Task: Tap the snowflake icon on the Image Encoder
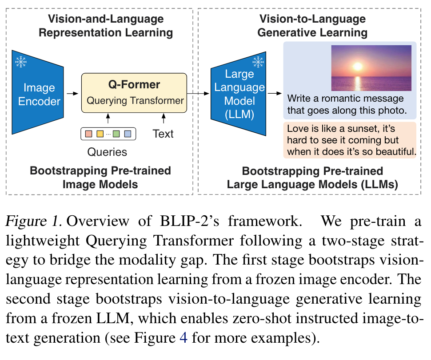coord(21,62)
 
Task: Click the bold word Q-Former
coord(134,84)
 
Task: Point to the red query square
coord(88,134)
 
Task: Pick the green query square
coord(116,134)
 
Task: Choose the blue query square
coord(128,134)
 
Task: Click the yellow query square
coord(100,134)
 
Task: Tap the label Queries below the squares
coord(107,152)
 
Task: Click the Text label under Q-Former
coord(164,134)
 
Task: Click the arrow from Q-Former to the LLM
coord(198,94)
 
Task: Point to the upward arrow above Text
coord(164,119)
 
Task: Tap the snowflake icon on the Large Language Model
coord(258,62)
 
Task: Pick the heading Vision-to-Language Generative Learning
coord(312,26)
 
